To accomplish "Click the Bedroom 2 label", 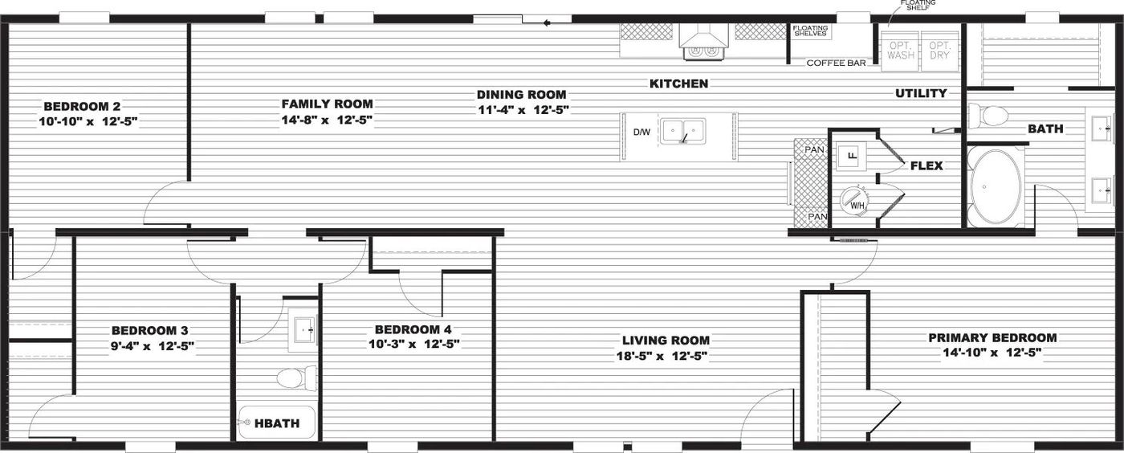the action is pyautogui.click(x=82, y=107).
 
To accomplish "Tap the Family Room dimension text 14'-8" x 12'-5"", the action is pyautogui.click(x=328, y=120).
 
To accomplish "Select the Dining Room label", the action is pyautogui.click(x=521, y=95).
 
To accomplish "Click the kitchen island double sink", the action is pyautogui.click(x=682, y=132).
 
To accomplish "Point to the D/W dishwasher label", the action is pyautogui.click(x=641, y=132).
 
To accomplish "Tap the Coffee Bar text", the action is pyautogui.click(x=836, y=63).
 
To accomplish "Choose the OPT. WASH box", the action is pyautogui.click(x=901, y=51).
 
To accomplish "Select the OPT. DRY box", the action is pyautogui.click(x=940, y=51).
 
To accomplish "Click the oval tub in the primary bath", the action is pyautogui.click(x=995, y=186).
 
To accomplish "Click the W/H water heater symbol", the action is pyautogui.click(x=854, y=202).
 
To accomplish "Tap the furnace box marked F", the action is pyautogui.click(x=851, y=156).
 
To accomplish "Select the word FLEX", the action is pyautogui.click(x=926, y=165).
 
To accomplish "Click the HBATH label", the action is pyautogui.click(x=277, y=423).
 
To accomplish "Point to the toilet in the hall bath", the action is pyautogui.click(x=296, y=378).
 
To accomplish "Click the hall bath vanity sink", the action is pyautogui.click(x=303, y=330).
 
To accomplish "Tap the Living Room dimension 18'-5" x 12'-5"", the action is pyautogui.click(x=662, y=356).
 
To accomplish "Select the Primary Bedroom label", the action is pyautogui.click(x=992, y=337).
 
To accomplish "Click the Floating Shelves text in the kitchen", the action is pyautogui.click(x=810, y=31).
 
